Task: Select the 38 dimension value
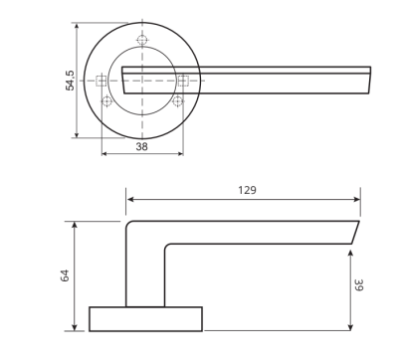(x=141, y=145)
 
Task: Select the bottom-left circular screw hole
(x=104, y=100)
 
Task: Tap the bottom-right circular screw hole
(x=177, y=100)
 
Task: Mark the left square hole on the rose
(x=100, y=80)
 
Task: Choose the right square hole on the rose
(x=182, y=80)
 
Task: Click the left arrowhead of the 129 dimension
(x=129, y=199)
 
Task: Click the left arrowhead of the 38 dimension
(x=103, y=154)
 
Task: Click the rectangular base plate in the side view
(x=145, y=318)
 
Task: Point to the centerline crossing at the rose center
(x=141, y=80)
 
